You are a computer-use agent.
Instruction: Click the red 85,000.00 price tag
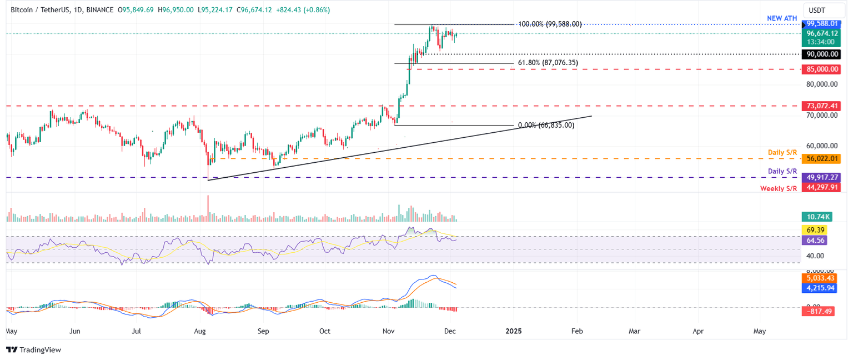(x=821, y=69)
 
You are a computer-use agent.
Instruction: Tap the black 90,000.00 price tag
(x=821, y=54)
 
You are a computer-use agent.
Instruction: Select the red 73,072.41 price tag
(x=821, y=106)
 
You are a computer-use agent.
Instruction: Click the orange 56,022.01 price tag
(x=821, y=159)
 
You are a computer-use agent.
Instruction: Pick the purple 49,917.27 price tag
(x=821, y=178)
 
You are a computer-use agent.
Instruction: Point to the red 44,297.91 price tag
(x=821, y=188)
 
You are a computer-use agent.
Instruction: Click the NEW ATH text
(x=782, y=18)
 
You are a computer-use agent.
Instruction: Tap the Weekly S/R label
(x=779, y=189)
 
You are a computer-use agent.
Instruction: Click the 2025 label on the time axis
(x=513, y=331)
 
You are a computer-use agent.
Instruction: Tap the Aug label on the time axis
(x=200, y=331)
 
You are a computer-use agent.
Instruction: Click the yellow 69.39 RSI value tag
(x=814, y=230)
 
